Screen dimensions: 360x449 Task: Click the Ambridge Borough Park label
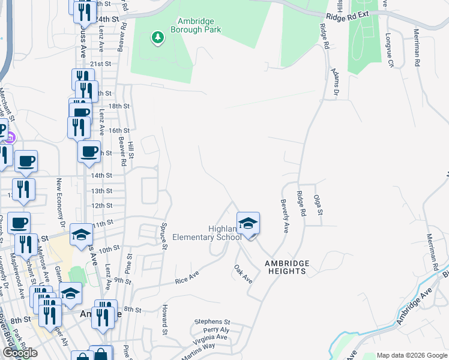pyautogui.click(x=196, y=25)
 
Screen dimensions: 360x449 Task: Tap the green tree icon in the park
pyautogui.click(x=158, y=38)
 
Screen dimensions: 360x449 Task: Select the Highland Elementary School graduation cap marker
pyautogui.click(x=248, y=224)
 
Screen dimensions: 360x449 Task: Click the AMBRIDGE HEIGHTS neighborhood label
pyautogui.click(x=288, y=267)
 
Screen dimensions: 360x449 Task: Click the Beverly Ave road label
pyautogui.click(x=286, y=215)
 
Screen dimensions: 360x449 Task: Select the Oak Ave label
pyautogui.click(x=243, y=274)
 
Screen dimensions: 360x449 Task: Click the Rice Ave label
pyautogui.click(x=186, y=277)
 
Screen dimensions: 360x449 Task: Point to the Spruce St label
pyautogui.click(x=163, y=232)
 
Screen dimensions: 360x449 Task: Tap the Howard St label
pyautogui.click(x=163, y=319)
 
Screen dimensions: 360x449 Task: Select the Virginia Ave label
pyautogui.click(x=211, y=337)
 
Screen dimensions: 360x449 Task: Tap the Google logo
pyautogui.click(x=20, y=353)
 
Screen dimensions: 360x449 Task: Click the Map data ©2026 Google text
pyautogui.click(x=412, y=355)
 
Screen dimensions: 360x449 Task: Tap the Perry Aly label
pyautogui.click(x=216, y=330)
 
